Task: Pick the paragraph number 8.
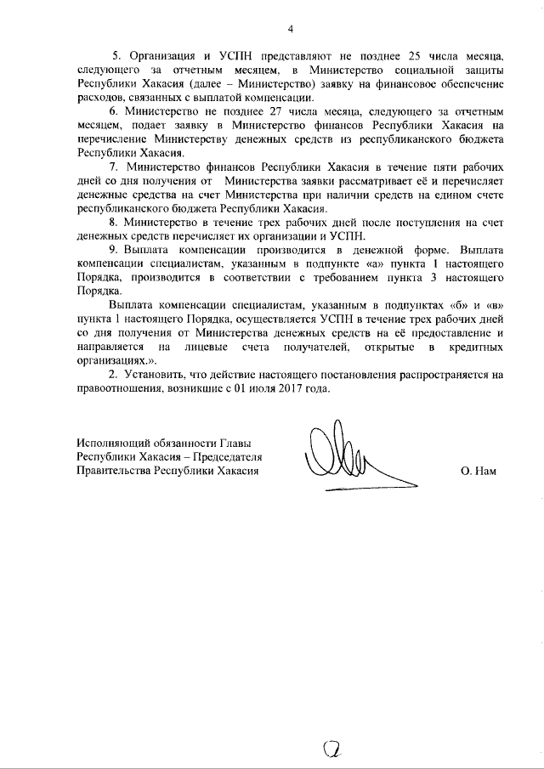pos(114,223)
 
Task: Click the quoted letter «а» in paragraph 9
pos(375,264)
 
